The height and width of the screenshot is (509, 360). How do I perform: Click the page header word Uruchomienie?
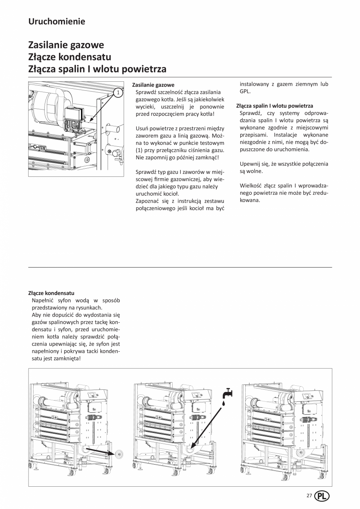pyautogui.click(x=56, y=22)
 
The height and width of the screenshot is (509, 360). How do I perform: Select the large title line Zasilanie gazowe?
pyautogui.click(x=66, y=45)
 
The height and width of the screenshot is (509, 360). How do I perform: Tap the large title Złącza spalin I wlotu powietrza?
pyautogui.click(x=97, y=69)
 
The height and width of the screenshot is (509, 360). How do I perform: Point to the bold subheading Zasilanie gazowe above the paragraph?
pyautogui.click(x=153, y=85)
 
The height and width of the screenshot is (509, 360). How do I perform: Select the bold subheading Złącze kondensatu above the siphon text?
pyautogui.click(x=51, y=293)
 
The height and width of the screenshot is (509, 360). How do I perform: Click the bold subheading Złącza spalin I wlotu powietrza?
pyautogui.click(x=275, y=106)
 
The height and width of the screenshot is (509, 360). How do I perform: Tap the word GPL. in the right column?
pyautogui.click(x=245, y=92)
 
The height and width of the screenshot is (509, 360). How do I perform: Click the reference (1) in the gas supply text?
pyautogui.click(x=140, y=150)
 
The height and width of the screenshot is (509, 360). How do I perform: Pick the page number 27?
pyautogui.click(x=309, y=496)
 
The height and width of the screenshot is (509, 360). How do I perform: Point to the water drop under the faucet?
pyautogui.click(x=224, y=403)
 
